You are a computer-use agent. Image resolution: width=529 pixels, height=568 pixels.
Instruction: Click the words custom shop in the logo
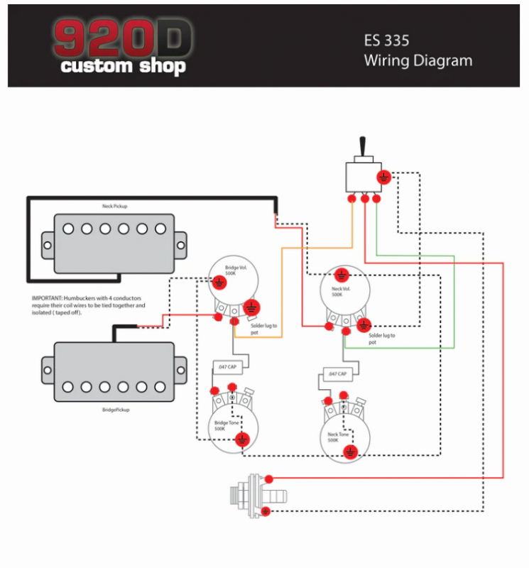coord(123,67)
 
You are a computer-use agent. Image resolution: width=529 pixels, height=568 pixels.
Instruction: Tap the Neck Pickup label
coord(115,206)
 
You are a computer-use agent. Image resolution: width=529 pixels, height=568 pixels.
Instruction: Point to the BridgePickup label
coord(114,410)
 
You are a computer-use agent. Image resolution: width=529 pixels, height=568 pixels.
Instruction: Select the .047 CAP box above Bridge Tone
coord(227,367)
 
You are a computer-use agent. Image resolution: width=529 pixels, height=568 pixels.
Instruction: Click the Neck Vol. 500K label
coord(342,291)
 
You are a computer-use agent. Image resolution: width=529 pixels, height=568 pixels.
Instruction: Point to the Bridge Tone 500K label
coord(225,426)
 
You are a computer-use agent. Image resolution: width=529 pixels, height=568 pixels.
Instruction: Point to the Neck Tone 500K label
coord(338,437)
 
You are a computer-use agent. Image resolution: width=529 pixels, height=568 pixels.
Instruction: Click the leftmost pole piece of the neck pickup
coord(68,229)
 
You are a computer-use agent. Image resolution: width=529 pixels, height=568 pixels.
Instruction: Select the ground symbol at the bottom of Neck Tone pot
coord(350,452)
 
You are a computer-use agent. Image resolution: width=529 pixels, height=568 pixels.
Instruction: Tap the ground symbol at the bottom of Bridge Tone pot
coord(243,439)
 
